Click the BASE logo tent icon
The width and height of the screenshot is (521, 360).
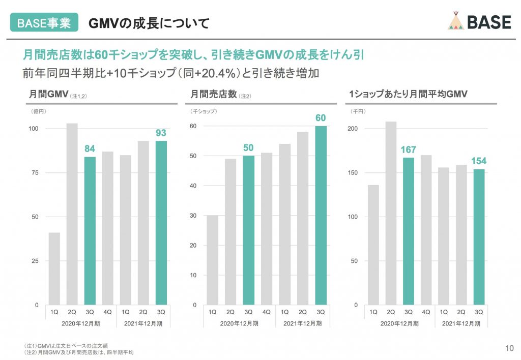click(x=457, y=21)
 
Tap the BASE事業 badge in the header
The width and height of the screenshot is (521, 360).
click(x=44, y=23)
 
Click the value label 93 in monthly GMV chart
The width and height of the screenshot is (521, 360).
click(x=161, y=133)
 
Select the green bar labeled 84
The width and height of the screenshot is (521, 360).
click(x=90, y=231)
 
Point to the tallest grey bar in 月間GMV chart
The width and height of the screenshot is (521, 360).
click(x=72, y=214)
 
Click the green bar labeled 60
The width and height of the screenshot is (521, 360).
click(x=321, y=216)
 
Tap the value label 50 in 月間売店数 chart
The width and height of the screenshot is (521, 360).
click(x=248, y=148)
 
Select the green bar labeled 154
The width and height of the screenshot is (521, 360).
click(x=479, y=237)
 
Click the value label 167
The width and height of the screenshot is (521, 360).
click(x=408, y=150)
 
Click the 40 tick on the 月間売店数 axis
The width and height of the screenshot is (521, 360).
click(x=193, y=186)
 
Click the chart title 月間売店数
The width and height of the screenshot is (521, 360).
click(x=213, y=94)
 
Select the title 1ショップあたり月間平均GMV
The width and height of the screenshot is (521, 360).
click(x=408, y=94)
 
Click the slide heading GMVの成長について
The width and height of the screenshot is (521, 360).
click(x=149, y=23)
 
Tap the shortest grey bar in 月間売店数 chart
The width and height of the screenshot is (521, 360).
click(x=212, y=260)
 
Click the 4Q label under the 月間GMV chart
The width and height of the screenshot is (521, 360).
click(x=107, y=312)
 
